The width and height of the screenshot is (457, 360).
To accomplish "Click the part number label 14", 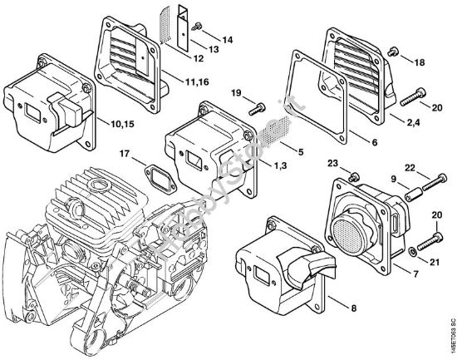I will point(228,39).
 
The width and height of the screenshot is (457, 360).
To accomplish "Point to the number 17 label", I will point(124,153).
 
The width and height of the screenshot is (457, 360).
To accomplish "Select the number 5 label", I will point(300,152).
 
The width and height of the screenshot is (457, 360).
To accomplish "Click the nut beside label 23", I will point(353,175).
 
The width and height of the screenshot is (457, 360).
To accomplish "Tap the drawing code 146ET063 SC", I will point(450,329).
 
